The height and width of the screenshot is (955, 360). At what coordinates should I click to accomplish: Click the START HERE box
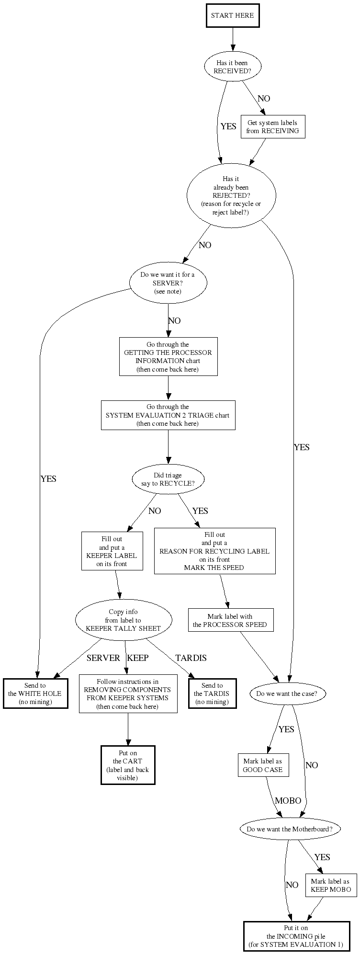(x=233, y=16)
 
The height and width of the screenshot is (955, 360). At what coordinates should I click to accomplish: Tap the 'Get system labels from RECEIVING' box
(x=272, y=127)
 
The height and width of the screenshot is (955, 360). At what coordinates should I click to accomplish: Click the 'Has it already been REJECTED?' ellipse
(x=231, y=195)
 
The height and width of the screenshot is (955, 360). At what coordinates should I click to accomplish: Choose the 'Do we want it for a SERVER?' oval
(x=168, y=283)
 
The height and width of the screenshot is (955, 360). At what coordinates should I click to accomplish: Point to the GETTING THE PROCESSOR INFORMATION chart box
(x=168, y=357)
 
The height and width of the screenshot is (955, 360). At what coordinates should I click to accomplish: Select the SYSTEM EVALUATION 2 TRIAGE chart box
(x=168, y=415)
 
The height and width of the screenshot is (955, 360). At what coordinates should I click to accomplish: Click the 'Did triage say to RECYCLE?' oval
(x=168, y=479)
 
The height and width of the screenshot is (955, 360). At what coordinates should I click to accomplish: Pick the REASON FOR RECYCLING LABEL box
(x=214, y=551)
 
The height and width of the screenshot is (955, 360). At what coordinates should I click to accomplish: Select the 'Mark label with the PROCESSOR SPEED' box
(x=230, y=621)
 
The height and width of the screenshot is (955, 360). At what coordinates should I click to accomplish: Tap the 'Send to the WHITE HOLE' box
(x=35, y=694)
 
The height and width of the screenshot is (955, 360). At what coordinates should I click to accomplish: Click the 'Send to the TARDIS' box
(x=212, y=694)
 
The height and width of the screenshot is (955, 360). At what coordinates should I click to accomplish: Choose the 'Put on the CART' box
(x=128, y=765)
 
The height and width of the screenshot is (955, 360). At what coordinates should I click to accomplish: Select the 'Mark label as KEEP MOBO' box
(x=330, y=886)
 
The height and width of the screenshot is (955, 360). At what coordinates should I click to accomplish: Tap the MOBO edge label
(x=288, y=801)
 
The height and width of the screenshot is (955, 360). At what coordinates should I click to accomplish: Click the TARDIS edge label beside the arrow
(x=191, y=658)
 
